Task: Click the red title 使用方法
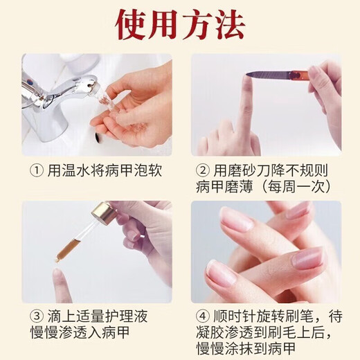(x=180, y=26)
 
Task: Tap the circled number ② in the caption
(x=204, y=169)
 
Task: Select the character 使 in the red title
(x=130, y=26)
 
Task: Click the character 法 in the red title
(x=229, y=26)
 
